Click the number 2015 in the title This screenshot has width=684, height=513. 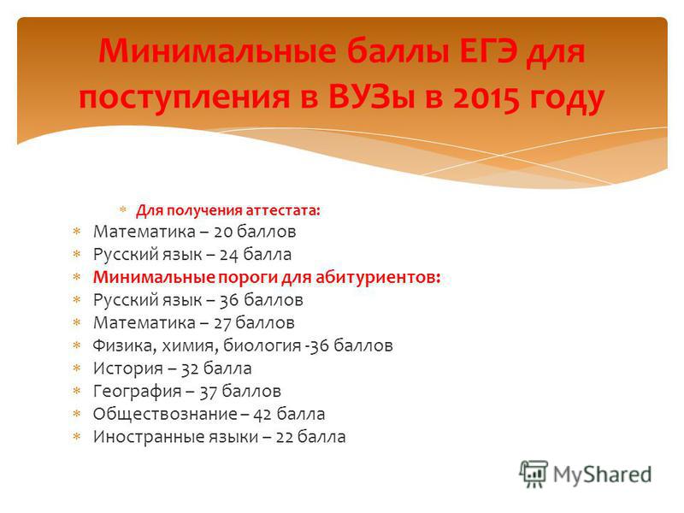486,97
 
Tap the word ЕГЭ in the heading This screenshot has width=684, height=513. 486,51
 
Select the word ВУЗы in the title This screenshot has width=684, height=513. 371,97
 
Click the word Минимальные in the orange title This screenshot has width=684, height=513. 217,51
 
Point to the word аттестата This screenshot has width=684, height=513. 283,210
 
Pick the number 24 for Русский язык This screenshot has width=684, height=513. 228,255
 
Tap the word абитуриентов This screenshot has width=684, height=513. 378,277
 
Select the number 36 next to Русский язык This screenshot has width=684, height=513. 229,300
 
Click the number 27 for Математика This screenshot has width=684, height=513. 223,323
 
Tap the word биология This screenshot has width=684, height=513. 262,346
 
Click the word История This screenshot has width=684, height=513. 128,369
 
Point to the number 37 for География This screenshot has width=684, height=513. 209,392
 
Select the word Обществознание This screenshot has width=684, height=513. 165,414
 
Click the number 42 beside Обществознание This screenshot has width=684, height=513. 262,415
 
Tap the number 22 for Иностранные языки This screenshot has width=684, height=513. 284,437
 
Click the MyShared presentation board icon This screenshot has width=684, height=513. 534,474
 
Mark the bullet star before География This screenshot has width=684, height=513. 77,391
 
